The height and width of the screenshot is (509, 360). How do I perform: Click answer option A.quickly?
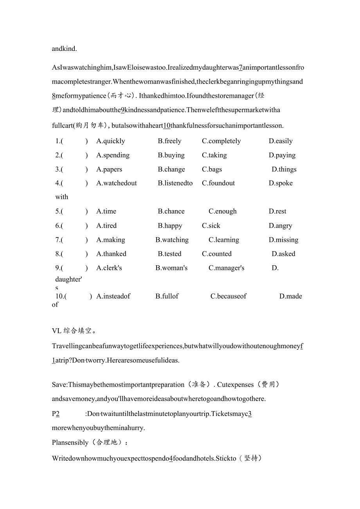[111, 141]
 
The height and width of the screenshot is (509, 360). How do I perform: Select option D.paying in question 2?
[282, 155]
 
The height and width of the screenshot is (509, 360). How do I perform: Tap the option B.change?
[171, 169]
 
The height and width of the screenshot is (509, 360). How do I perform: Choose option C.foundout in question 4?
[218, 183]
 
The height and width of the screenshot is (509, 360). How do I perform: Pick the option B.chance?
[171, 211]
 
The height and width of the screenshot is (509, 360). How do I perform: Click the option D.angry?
[280, 226]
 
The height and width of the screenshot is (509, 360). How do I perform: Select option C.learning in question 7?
[223, 240]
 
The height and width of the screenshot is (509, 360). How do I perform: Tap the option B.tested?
[169, 254]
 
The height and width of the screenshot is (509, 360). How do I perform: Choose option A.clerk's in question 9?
[109, 268]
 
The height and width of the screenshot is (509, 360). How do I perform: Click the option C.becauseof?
[228, 296]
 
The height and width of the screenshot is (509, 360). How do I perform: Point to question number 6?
[59, 226]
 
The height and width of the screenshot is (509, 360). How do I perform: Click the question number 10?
[60, 296]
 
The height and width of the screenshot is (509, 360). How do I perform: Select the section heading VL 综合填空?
[74, 331]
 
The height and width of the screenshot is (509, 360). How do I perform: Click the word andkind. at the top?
[65, 49]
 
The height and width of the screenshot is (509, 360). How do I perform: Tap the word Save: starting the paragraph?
[59, 385]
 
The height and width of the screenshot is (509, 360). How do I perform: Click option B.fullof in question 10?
[167, 296]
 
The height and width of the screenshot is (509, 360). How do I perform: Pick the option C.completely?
[221, 141]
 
